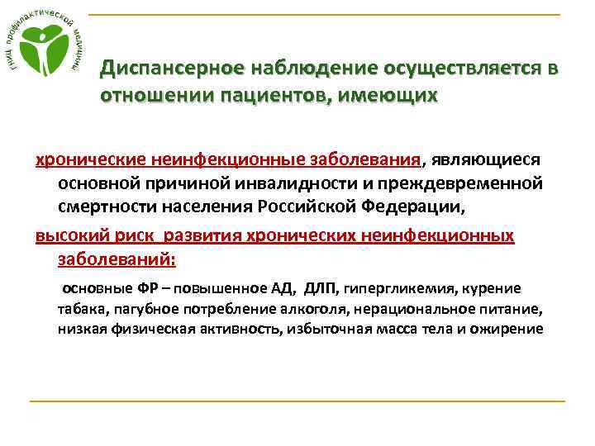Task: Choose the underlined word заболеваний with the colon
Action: coord(117,258)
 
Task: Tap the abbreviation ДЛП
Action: coord(321,288)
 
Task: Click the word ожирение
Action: coord(507,329)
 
